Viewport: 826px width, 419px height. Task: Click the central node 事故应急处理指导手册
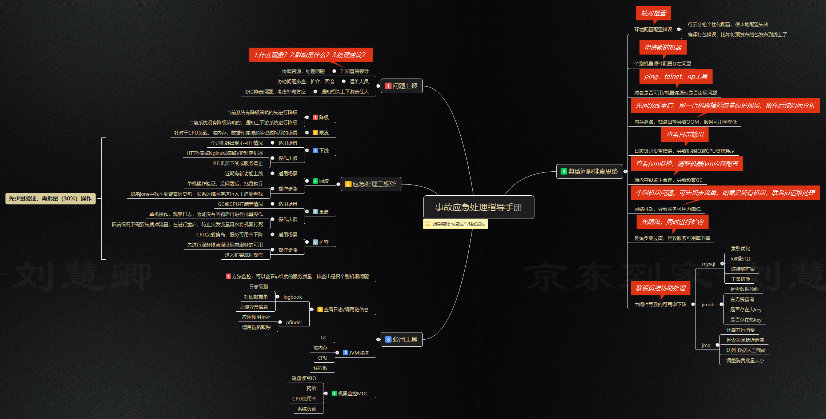(x=478, y=207)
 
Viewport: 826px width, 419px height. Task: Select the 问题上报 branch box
(x=401, y=86)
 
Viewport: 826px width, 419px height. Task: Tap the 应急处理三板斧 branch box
(x=371, y=184)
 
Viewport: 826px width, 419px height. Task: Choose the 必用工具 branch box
(x=401, y=339)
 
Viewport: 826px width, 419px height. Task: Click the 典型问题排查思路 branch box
(x=589, y=171)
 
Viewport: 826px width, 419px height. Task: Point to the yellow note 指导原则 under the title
(x=456, y=224)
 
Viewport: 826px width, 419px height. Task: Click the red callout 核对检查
(x=653, y=13)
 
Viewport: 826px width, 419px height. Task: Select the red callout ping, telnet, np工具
(x=675, y=76)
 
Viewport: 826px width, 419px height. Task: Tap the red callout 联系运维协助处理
(x=660, y=288)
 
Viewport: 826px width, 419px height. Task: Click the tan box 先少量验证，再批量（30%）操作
(x=50, y=199)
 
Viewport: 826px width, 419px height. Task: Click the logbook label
(x=293, y=297)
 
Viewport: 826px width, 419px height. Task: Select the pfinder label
(x=294, y=322)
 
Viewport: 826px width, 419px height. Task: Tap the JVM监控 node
(x=356, y=353)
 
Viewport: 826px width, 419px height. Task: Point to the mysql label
(x=708, y=264)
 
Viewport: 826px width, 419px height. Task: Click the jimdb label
(x=708, y=304)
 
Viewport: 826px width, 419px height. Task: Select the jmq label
(x=706, y=345)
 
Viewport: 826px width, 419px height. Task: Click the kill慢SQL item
(x=741, y=259)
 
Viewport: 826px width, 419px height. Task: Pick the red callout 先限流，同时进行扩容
(x=672, y=222)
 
